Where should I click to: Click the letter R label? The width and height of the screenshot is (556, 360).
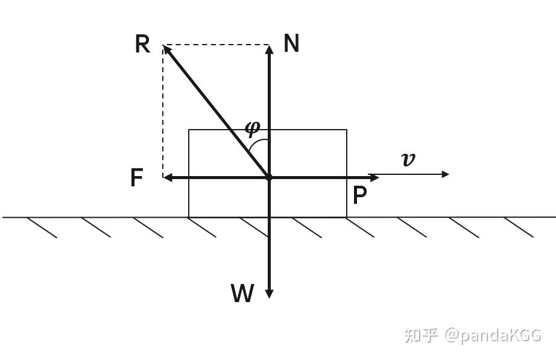click(142, 45)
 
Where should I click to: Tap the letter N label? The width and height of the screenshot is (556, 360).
click(291, 43)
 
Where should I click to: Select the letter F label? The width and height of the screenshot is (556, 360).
click(137, 178)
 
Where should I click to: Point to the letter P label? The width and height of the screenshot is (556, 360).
click(359, 195)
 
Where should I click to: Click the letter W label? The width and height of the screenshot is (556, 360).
click(242, 294)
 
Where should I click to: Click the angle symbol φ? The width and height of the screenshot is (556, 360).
click(253, 128)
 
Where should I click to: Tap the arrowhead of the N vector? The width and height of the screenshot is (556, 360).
click(270, 48)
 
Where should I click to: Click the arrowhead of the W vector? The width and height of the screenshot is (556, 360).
click(270, 294)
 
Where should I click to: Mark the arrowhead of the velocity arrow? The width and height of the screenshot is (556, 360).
click(446, 174)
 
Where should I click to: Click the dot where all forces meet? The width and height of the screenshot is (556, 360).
click(270, 177)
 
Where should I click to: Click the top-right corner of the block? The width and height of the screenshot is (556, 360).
click(347, 130)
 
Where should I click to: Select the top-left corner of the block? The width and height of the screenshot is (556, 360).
click(189, 130)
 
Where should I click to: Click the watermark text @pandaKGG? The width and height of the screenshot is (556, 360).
click(493, 335)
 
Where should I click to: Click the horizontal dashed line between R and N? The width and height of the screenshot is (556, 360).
click(217, 45)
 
